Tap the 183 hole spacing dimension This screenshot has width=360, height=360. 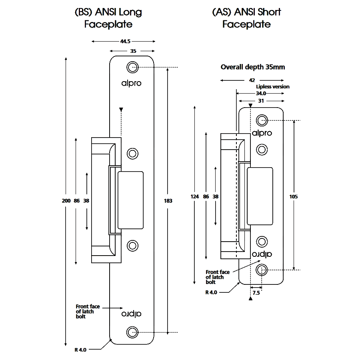168,201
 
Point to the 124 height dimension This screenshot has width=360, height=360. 195,196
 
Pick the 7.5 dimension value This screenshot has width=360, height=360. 256,293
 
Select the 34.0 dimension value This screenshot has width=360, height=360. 260,93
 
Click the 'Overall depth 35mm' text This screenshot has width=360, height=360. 253,67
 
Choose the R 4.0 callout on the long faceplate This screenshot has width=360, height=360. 80,350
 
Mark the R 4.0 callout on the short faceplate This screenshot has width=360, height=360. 211,292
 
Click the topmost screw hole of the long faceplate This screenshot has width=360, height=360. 132,67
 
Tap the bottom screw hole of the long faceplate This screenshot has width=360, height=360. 132,332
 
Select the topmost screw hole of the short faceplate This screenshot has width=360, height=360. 262,120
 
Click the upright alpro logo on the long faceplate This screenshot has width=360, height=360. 132,83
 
